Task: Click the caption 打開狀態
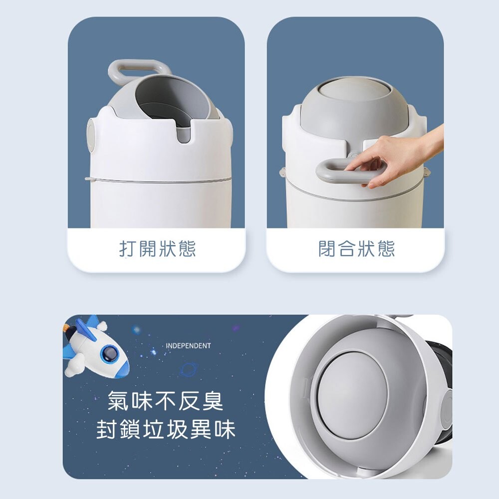pos(158,249)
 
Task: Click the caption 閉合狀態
pos(356,249)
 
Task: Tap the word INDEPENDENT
pos(189,346)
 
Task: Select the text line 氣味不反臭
pos(166,401)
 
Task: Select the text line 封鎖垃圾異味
pos(166,429)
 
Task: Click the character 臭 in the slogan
pos(212,401)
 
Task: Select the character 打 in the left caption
pos(128,249)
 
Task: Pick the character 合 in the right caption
pos(347,249)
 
